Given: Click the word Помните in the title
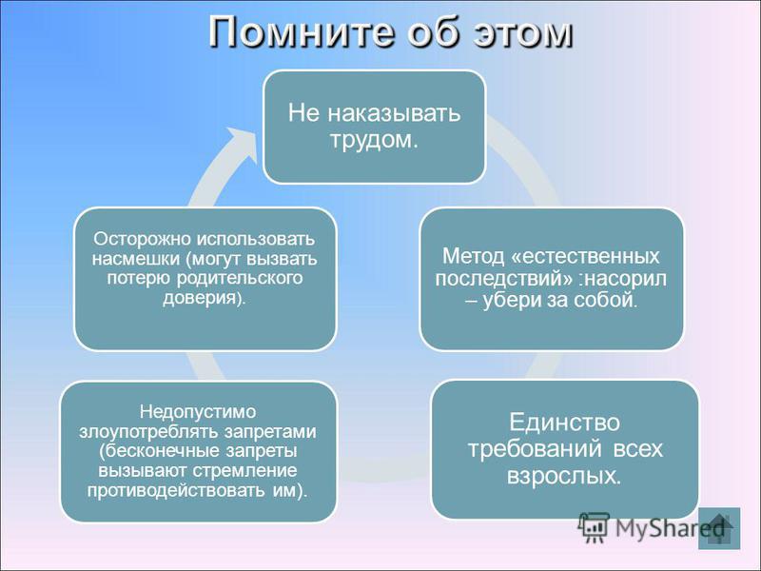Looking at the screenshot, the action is pyautogui.click(x=301, y=32).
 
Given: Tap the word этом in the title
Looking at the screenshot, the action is pyautogui.click(x=522, y=34).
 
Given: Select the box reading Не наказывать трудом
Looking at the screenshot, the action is pyautogui.click(x=374, y=127).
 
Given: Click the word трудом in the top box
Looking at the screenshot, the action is pyautogui.click(x=373, y=141).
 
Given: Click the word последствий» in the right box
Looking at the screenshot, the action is pyautogui.click(x=504, y=279).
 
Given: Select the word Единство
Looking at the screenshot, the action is pyautogui.click(x=564, y=422).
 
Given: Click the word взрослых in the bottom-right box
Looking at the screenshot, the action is pyautogui.click(x=563, y=475).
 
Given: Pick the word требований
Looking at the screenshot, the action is pyautogui.click(x=536, y=448).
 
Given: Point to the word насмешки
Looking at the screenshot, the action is pyautogui.click(x=136, y=258).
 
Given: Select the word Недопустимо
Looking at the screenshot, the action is pyautogui.click(x=198, y=412).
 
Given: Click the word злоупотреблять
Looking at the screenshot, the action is pyautogui.click(x=149, y=432).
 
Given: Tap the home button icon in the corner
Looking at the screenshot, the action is pyautogui.click(x=719, y=528).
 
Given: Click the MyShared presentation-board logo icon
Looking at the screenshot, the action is pyautogui.click(x=594, y=527).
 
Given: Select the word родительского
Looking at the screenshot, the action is pyautogui.click(x=240, y=278).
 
